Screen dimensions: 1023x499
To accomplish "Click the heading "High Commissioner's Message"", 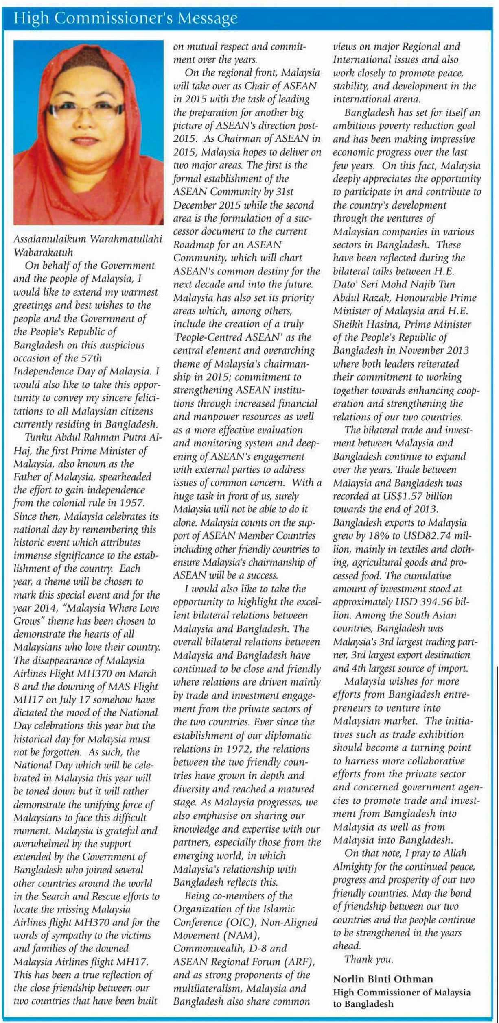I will click(125, 18).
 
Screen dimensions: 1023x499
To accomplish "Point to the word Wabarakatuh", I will click(43, 252).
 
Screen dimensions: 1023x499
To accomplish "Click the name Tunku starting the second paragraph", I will click(37, 437).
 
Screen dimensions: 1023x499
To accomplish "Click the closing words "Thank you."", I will click(369, 960).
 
